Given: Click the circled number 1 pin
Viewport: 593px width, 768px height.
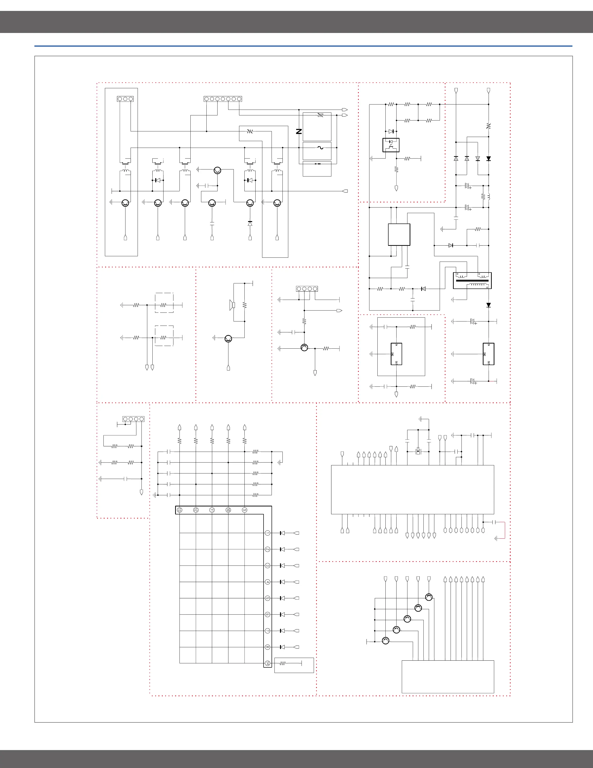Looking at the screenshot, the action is coord(267,533).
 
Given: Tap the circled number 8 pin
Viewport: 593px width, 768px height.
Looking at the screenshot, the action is coord(267,647).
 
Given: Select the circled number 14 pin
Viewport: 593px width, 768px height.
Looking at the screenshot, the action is coord(267,663).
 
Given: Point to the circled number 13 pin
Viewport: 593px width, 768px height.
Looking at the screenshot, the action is coord(179,510).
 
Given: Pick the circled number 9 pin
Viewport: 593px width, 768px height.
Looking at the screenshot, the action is coord(244,510).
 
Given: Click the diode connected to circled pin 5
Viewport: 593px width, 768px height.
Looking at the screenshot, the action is coord(282,598).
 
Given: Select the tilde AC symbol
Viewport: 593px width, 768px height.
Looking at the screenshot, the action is coord(320,148).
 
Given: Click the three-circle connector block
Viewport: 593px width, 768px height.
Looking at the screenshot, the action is coord(125,99).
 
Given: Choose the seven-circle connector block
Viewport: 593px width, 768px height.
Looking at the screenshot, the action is coord(223,99).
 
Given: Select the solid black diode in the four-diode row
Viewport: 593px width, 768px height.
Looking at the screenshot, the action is coord(488,159).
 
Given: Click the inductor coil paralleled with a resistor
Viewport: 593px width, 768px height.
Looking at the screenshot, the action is coord(489,196).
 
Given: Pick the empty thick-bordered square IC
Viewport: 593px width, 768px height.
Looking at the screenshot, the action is coord(399,235).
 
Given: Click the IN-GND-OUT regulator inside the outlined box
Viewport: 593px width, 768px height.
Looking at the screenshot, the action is coord(396,354).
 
